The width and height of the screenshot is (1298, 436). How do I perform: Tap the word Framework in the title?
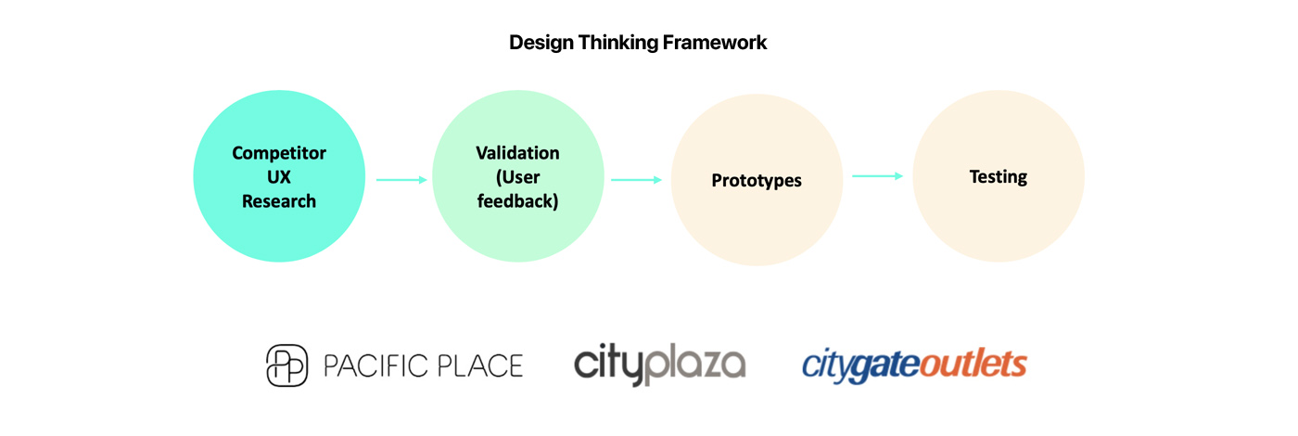pos(715,43)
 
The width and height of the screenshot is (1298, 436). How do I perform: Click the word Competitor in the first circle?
pos(279,153)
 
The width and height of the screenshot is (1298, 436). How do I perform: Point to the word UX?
pos(279,177)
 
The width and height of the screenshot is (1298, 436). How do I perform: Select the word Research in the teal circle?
pos(279,201)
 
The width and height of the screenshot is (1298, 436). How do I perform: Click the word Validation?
pos(517,153)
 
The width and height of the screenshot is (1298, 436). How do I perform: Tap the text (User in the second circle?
pos(517,177)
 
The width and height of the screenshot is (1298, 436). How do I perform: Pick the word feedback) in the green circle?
pos(517,201)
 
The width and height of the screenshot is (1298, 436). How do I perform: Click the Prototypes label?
pos(757,181)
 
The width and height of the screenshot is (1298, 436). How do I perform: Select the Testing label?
pos(998,177)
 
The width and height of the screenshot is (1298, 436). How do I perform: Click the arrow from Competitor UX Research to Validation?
pos(401,180)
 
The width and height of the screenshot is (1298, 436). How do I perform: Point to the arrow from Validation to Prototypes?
pos(636,180)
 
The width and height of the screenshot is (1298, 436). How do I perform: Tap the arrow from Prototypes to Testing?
pos(877,175)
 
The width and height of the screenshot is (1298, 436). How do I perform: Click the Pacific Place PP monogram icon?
pos(286,365)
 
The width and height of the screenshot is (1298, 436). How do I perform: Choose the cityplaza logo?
pos(659,364)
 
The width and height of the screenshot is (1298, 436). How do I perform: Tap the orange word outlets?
pos(973,364)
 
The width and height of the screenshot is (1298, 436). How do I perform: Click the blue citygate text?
pos(860,365)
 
